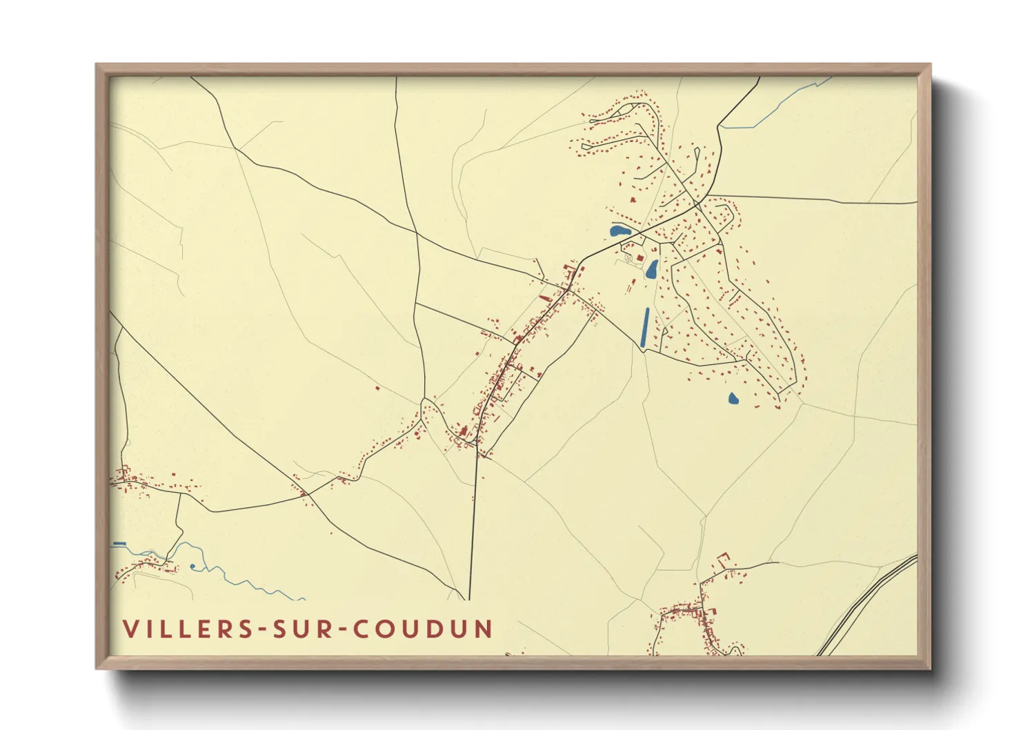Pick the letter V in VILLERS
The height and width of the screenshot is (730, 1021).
click(x=130, y=629)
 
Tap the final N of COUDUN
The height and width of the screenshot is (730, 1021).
click(x=484, y=629)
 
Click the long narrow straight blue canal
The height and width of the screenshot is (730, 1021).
click(x=645, y=327)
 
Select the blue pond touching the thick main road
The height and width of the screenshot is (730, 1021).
click(x=619, y=230)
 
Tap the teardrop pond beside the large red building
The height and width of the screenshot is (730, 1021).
click(x=652, y=269)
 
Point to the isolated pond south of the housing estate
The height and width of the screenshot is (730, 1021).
click(x=733, y=398)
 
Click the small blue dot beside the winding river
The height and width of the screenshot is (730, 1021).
click(x=193, y=566)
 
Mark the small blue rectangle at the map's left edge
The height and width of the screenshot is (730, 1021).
click(x=119, y=544)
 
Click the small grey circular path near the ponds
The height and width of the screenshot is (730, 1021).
click(x=628, y=258)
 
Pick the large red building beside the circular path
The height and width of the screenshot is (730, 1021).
click(x=640, y=257)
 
